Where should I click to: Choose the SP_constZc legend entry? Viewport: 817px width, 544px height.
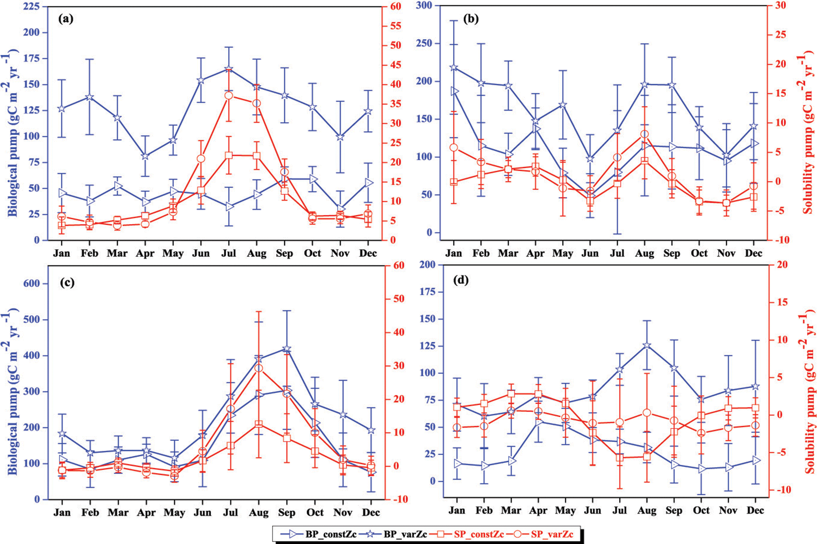tap(466, 535)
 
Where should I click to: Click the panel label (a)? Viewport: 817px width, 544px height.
tap(66, 19)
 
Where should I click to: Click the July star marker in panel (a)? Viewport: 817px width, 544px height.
tap(228, 70)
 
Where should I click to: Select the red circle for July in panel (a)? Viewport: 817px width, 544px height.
tap(228, 96)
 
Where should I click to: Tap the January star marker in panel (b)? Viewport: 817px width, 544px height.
tap(454, 68)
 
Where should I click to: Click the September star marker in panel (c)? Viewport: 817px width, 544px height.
tap(287, 349)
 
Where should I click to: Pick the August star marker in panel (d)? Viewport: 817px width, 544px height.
tap(647, 346)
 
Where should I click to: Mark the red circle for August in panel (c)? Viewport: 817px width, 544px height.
tap(258, 368)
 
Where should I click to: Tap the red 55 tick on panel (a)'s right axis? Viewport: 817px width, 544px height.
tap(396, 26)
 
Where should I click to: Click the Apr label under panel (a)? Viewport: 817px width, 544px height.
tap(145, 253)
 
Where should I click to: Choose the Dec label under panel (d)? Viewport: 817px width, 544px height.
tap(755, 510)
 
